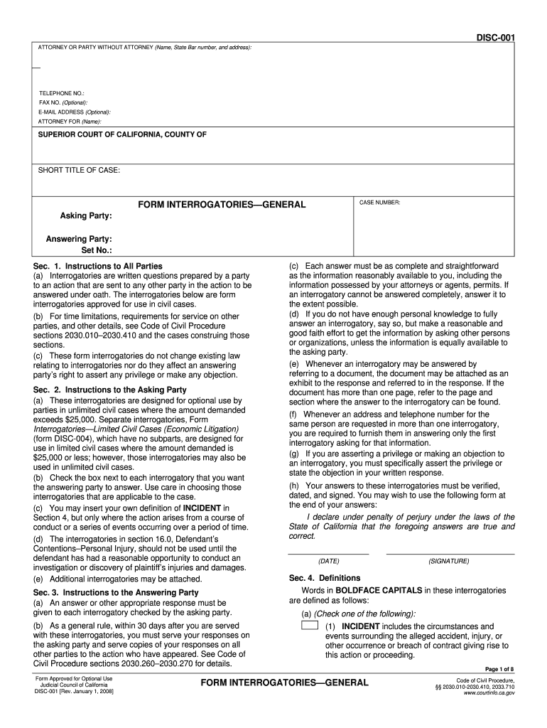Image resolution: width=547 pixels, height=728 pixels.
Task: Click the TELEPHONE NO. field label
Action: (62, 93)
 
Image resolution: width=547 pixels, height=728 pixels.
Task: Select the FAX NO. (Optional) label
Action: (63, 102)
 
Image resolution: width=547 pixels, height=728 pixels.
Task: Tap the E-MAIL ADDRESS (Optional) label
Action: (75, 112)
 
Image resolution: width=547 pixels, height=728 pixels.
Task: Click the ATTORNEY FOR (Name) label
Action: (70, 121)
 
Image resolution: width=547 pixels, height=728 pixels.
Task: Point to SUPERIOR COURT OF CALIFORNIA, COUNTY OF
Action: (122, 134)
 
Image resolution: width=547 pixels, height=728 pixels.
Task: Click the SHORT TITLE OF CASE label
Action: (79, 171)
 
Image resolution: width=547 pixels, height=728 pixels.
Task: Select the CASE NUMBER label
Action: (380, 203)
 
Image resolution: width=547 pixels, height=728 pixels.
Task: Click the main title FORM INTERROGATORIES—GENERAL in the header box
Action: (222, 205)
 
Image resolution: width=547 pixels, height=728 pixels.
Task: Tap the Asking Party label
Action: (86, 215)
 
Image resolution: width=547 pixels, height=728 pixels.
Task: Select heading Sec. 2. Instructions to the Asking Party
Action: (110, 390)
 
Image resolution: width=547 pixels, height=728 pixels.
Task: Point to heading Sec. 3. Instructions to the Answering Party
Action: (116, 591)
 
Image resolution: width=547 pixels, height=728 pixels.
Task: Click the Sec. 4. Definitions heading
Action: (324, 578)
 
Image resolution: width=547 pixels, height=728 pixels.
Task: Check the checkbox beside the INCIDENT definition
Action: (309, 626)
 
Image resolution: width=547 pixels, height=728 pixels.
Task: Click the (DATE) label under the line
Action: (328, 561)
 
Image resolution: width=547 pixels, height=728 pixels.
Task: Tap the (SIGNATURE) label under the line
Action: (449, 561)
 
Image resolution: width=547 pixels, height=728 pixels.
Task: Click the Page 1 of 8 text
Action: (499, 669)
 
